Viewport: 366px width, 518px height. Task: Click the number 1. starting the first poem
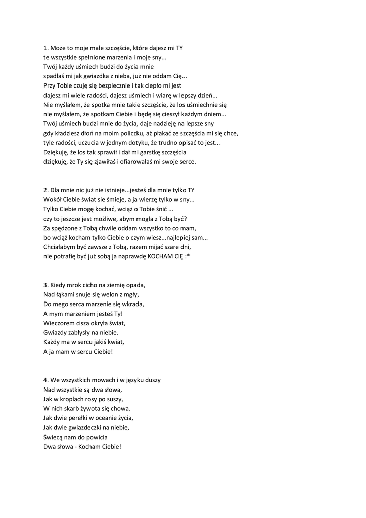click(46, 48)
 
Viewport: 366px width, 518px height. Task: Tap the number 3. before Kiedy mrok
click(46, 285)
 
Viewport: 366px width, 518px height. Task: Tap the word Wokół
click(53, 200)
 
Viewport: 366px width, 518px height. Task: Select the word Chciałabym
click(60, 247)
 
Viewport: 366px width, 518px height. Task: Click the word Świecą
click(53, 437)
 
